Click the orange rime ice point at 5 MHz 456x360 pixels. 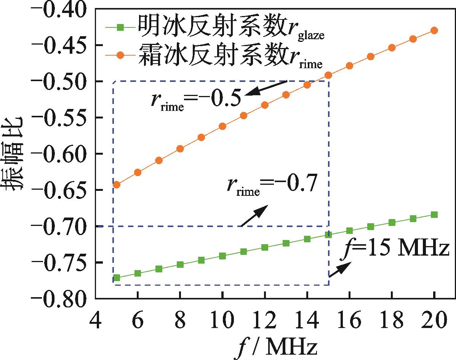pyautogui.click(x=117, y=185)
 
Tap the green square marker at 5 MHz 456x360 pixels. pyautogui.click(x=117, y=278)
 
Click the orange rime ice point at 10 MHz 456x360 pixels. pyautogui.click(x=222, y=126)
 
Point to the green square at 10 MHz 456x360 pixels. pyautogui.click(x=222, y=256)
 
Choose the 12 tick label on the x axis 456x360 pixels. pyautogui.click(x=265, y=321)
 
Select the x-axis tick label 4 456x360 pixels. pyautogui.click(x=96, y=321)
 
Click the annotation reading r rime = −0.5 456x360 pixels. pyautogui.click(x=195, y=99)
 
